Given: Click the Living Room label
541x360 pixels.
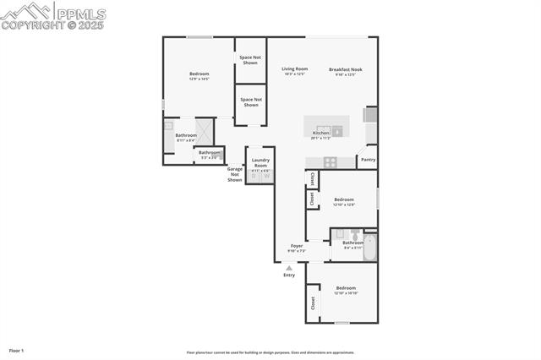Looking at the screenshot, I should click(x=294, y=68).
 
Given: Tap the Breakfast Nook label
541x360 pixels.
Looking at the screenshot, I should click(x=345, y=68).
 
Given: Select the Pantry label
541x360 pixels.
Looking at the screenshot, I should click(x=368, y=159).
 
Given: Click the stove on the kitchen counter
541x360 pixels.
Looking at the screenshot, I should click(x=329, y=161).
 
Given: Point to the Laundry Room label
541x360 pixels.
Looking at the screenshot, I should click(x=260, y=162).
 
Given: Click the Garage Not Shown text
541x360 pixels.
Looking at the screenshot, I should click(x=234, y=174).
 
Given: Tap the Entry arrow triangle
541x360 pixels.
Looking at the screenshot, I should click(x=289, y=268).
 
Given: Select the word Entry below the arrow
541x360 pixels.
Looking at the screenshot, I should click(x=289, y=275).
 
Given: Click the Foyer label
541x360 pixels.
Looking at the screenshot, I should click(x=297, y=246).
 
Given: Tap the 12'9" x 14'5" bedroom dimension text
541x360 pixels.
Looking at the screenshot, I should click(x=199, y=79).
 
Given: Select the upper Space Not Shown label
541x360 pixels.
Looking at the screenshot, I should click(x=250, y=60).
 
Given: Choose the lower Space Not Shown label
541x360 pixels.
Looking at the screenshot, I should click(x=250, y=102).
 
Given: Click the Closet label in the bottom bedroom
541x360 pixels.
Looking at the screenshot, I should click(x=312, y=302).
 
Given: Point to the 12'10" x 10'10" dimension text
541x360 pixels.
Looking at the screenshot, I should click(x=345, y=293).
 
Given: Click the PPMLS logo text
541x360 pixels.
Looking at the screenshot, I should click(x=80, y=13).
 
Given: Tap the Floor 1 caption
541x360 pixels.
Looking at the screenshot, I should click(x=16, y=350).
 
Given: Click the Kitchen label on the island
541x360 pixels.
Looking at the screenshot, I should click(x=320, y=133).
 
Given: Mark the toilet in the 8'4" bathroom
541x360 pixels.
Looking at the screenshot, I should click(x=356, y=234).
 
